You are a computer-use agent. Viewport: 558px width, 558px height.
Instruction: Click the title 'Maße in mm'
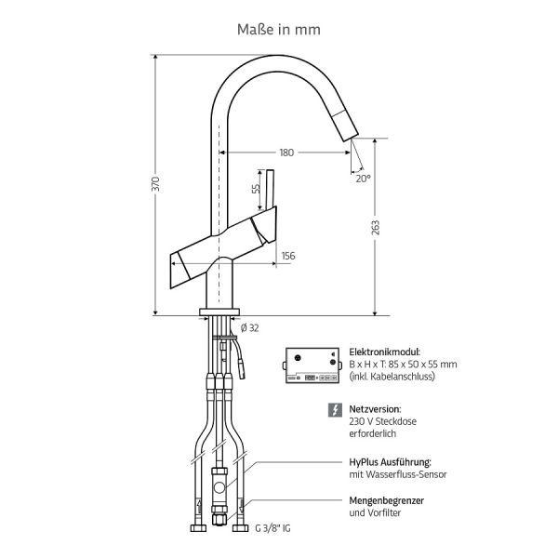pos(279,29)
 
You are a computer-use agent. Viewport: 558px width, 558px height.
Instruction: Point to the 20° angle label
pos(363,178)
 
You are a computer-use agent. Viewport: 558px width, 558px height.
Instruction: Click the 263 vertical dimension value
pos(376,228)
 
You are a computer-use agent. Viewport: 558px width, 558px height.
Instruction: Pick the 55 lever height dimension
pos(256,188)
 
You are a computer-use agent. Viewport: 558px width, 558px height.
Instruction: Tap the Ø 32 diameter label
pos(249,327)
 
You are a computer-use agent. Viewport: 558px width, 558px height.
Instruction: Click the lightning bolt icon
pos(335,409)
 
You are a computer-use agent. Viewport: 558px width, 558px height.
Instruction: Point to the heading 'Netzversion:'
pos(375,408)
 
